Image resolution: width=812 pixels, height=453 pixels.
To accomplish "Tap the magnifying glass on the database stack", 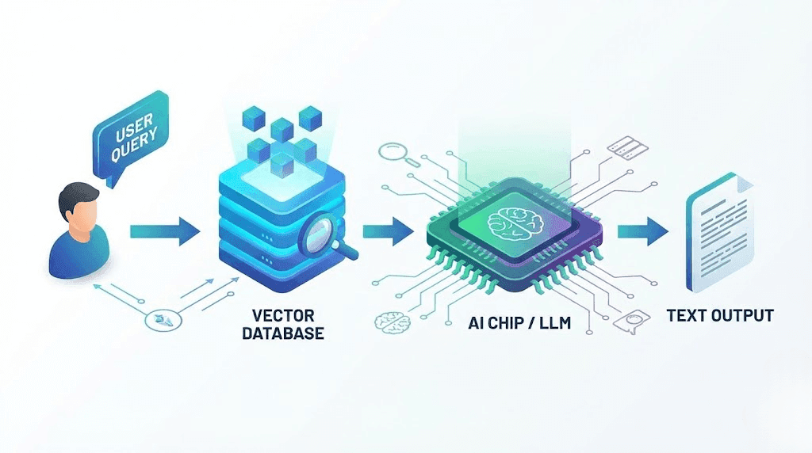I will (326, 234).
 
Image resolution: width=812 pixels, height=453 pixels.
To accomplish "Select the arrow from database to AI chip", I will (388, 231).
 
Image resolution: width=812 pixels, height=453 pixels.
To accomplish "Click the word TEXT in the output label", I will (686, 316).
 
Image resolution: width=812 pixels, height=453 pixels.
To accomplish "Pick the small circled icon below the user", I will (161, 321).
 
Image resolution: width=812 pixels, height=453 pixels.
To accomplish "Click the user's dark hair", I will (79, 193).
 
